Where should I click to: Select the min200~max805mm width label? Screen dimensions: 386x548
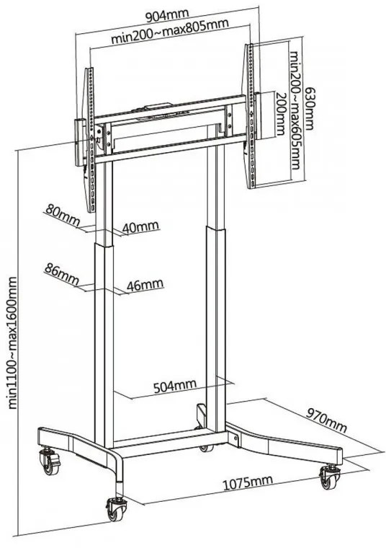pos(170,31)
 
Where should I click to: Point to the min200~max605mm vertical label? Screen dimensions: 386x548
pos(295,110)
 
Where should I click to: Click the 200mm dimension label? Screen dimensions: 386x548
pos(281,114)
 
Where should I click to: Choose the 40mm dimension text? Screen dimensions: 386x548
pos(140,227)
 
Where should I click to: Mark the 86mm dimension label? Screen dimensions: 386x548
pos(62,274)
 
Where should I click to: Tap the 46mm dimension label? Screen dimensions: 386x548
pos(145,285)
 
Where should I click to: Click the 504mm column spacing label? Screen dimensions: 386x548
pos(175,386)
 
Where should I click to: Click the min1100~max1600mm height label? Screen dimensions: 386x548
pos(12,342)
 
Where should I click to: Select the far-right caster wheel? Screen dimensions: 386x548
pos(329,477)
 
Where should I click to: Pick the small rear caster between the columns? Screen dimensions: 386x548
pos(206,448)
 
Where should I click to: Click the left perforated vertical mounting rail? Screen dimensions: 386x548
pos(91,140)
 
